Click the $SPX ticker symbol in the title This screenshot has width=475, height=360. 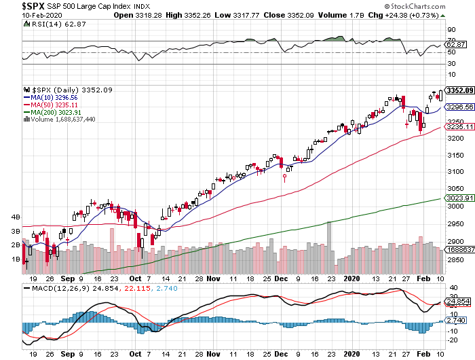click(15, 5)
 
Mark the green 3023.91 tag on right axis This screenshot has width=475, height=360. click(459, 198)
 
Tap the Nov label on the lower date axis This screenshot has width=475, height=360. click(214, 278)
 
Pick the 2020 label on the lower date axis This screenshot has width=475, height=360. click(351, 278)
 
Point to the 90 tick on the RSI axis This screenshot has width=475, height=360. click(449, 30)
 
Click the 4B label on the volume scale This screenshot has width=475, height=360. click(15, 217)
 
